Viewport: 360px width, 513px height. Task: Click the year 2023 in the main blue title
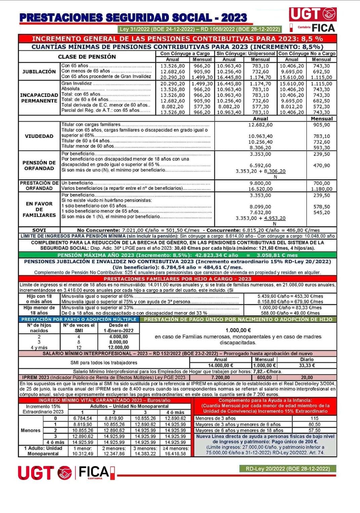coord(234,18)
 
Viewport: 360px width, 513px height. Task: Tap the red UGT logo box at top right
coord(313,14)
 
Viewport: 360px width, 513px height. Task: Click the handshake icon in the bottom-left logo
coord(65,472)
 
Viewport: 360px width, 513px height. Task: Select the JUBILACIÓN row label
coord(39,72)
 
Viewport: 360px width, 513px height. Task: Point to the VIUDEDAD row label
coord(39,136)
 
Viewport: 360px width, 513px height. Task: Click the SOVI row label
coord(39,230)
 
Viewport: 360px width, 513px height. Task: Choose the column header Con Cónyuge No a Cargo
coord(307,53)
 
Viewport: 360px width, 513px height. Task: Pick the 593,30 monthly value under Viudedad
coord(322,147)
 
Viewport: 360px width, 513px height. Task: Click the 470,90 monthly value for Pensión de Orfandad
coord(322,165)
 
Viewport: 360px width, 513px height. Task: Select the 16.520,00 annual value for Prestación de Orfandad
coord(261,189)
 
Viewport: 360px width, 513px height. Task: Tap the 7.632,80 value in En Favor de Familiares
coord(261,212)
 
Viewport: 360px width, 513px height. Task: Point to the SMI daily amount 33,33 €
coord(307,365)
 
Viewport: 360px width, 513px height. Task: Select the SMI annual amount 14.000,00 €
coord(221,365)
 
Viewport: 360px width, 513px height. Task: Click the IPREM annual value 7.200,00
coord(221,377)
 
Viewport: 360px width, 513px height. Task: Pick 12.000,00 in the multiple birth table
coord(119,347)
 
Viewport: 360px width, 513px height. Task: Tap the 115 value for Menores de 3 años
coord(314,418)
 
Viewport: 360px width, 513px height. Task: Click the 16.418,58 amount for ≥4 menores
coord(175,454)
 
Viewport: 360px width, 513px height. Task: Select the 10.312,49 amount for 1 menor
coord(83,454)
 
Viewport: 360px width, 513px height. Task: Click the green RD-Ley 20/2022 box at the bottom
coord(288,469)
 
